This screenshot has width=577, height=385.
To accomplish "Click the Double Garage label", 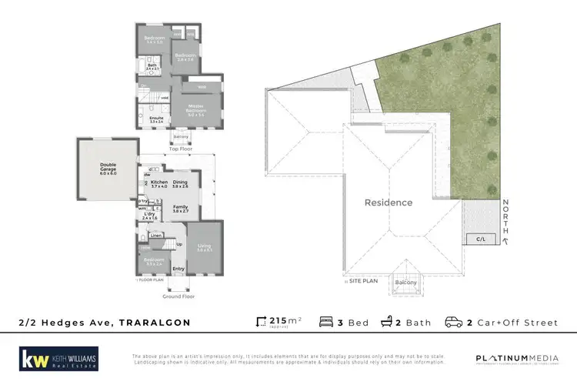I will [x=107, y=167].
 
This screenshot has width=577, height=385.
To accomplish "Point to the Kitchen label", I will [x=158, y=183].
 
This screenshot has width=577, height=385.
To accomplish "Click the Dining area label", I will [x=180, y=183].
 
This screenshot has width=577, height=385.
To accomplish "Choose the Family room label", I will [x=180, y=207].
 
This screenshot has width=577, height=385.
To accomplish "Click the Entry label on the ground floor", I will [x=178, y=269].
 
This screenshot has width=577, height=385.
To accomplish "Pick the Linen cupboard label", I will [x=155, y=235].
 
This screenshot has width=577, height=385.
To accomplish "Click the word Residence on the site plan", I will [x=389, y=203].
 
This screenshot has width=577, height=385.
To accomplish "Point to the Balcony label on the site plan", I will [x=406, y=283].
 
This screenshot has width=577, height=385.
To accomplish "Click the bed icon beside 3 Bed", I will [x=325, y=322].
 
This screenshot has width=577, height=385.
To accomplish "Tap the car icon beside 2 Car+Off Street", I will [x=453, y=322].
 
